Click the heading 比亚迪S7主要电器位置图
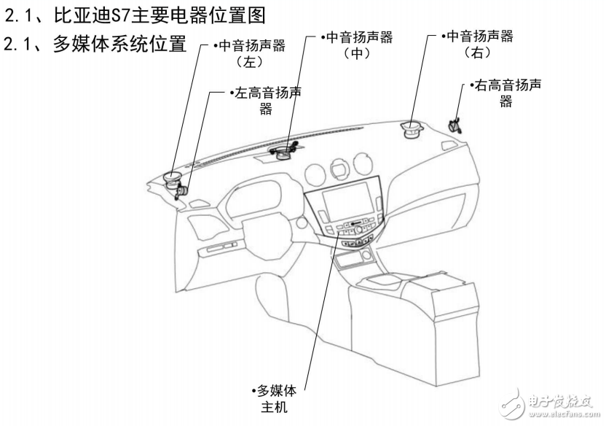(135, 15)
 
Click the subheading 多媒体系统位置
(95, 44)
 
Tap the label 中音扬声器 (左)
(251, 53)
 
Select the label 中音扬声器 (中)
(357, 44)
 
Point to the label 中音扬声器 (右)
(478, 44)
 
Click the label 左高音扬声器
(266, 101)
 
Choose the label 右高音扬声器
(505, 93)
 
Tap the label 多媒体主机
(274, 398)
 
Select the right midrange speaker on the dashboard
(412, 129)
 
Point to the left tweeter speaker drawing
(181, 192)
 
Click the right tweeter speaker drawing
(455, 126)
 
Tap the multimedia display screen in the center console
(346, 201)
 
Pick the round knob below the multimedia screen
(359, 230)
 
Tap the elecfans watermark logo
(512, 404)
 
